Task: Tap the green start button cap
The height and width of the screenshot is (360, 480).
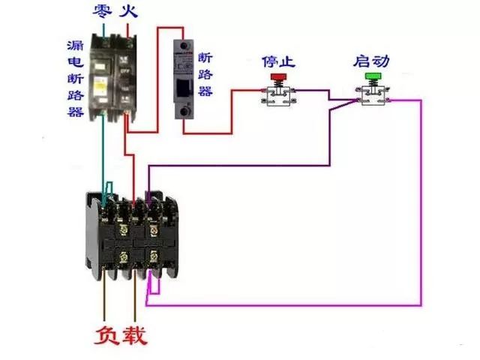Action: (x=372, y=76)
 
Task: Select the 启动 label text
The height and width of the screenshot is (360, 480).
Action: (x=372, y=60)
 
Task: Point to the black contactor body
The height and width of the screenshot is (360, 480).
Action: (x=131, y=236)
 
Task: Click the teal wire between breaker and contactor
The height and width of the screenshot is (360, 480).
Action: (x=101, y=150)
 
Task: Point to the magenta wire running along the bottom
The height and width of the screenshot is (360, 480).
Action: (x=285, y=305)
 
